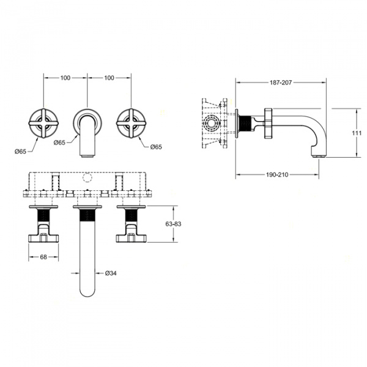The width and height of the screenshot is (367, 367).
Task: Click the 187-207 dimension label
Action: click(281, 83)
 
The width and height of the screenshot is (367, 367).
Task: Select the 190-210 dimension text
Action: click(277, 174)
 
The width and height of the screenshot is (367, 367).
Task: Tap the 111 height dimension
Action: click(357, 133)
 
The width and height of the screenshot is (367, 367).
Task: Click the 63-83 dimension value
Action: click(173, 224)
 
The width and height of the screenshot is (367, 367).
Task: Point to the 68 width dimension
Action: click(43, 257)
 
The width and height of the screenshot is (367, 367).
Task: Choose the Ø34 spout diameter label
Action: click(111, 273)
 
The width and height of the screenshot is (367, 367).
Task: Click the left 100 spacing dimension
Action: click(65, 78)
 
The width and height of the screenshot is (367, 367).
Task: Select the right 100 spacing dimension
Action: click(109, 78)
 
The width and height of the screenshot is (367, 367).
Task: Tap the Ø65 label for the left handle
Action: click(20, 152)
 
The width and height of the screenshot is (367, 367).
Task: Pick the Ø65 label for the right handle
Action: click(156, 147)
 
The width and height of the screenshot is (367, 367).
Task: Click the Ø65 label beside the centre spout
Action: click(59, 143)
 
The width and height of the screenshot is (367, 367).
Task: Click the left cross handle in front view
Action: click(43, 124)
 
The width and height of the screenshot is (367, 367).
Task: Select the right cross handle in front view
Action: click(131, 124)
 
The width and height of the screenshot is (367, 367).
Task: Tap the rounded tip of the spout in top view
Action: click(87, 295)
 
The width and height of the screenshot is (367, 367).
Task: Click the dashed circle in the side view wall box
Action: click(211, 124)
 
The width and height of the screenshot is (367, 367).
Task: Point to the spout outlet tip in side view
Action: click(318, 156)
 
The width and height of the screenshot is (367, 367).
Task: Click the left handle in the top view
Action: click(43, 223)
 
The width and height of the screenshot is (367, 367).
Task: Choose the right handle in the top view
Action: click(131, 223)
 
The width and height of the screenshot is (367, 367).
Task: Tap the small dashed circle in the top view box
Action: click(87, 177)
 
